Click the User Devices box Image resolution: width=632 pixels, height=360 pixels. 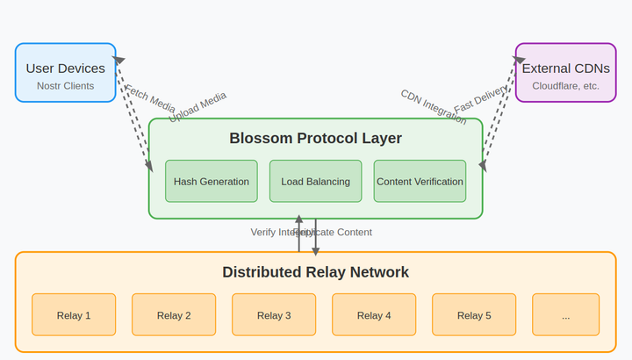click(65, 73)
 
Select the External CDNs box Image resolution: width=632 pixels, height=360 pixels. click(565, 73)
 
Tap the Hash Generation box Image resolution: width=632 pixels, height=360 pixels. click(211, 182)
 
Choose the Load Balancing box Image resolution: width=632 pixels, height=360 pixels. click(315, 182)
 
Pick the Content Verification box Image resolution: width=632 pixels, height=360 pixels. click(420, 182)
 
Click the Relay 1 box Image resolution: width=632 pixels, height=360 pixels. click(74, 315)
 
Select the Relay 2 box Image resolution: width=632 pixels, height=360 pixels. click(174, 315)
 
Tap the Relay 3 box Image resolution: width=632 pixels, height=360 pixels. click(274, 315)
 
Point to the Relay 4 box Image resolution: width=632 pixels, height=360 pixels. click(374, 315)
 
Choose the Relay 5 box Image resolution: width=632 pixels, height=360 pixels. click(474, 315)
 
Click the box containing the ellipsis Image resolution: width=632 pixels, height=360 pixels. click(565, 315)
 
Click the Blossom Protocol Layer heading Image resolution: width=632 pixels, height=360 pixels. click(315, 139)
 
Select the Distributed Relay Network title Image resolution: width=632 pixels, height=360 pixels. click(315, 272)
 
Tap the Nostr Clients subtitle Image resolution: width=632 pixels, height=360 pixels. click(65, 86)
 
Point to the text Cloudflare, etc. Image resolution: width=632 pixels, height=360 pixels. click(565, 86)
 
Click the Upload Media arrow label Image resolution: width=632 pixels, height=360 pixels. click(197, 107)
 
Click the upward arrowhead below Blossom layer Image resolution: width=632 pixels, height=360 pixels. click(298, 220)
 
